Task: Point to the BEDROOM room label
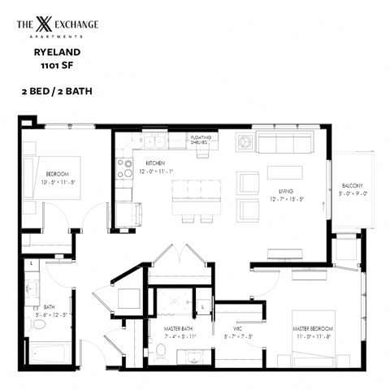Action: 57,174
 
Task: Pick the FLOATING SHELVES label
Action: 202,140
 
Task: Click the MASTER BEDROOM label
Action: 312,328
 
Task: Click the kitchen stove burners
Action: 126,168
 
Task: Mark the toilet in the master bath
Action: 161,353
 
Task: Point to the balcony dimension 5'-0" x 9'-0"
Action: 353,193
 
